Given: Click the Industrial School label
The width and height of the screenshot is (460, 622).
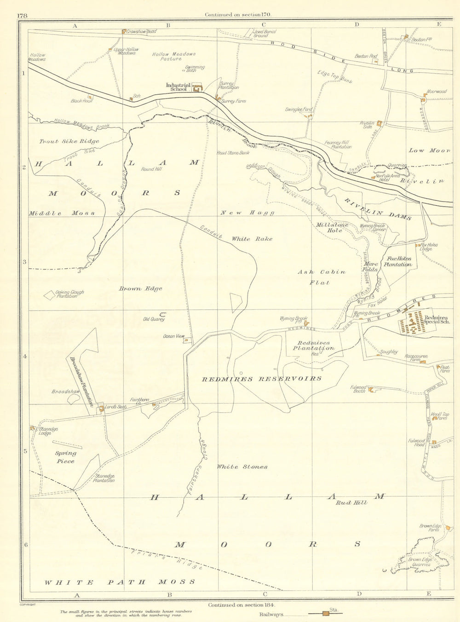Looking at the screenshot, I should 178,87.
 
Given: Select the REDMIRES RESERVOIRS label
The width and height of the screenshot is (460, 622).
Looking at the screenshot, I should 262,379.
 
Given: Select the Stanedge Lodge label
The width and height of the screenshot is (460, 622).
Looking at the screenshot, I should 48,431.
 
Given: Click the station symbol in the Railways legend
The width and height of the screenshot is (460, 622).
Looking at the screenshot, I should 326,613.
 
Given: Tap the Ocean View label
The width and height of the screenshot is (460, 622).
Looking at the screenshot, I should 173,336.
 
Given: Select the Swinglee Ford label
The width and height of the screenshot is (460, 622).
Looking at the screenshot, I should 299,109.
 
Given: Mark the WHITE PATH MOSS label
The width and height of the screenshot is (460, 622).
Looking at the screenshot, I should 120,582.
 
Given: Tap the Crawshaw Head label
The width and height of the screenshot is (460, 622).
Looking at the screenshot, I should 142,32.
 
